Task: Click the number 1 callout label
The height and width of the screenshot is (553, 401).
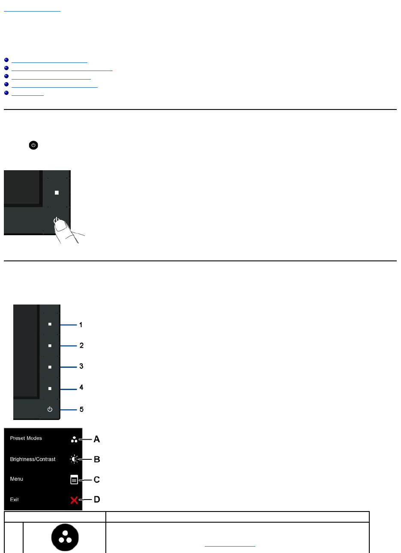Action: (x=81, y=325)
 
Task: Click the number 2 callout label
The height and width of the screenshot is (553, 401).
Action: (x=81, y=346)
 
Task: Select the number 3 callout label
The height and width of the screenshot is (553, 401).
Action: (x=81, y=367)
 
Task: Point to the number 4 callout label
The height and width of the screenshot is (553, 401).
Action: (x=81, y=388)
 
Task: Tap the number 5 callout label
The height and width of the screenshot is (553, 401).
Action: (x=81, y=410)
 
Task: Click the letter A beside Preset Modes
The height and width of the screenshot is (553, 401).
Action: (x=97, y=439)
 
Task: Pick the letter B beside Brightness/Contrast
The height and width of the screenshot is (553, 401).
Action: (x=97, y=460)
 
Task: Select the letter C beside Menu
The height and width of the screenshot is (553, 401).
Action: (x=97, y=480)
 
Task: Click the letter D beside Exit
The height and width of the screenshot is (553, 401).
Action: (x=97, y=500)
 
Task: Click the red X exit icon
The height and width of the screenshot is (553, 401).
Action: (x=74, y=500)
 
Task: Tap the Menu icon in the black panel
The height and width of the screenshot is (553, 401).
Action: (x=74, y=480)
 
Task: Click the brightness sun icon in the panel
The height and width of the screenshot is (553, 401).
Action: (x=75, y=460)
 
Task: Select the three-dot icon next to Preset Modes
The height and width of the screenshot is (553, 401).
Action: (x=74, y=440)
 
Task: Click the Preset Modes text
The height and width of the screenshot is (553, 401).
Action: (x=26, y=438)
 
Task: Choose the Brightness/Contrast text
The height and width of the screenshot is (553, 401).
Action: (x=33, y=459)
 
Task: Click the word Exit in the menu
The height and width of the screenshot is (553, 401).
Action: (x=15, y=500)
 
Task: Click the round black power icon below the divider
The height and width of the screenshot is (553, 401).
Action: (x=33, y=145)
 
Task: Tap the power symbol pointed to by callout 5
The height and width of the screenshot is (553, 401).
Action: (x=50, y=410)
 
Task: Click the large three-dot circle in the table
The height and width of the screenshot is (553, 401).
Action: (x=65, y=538)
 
